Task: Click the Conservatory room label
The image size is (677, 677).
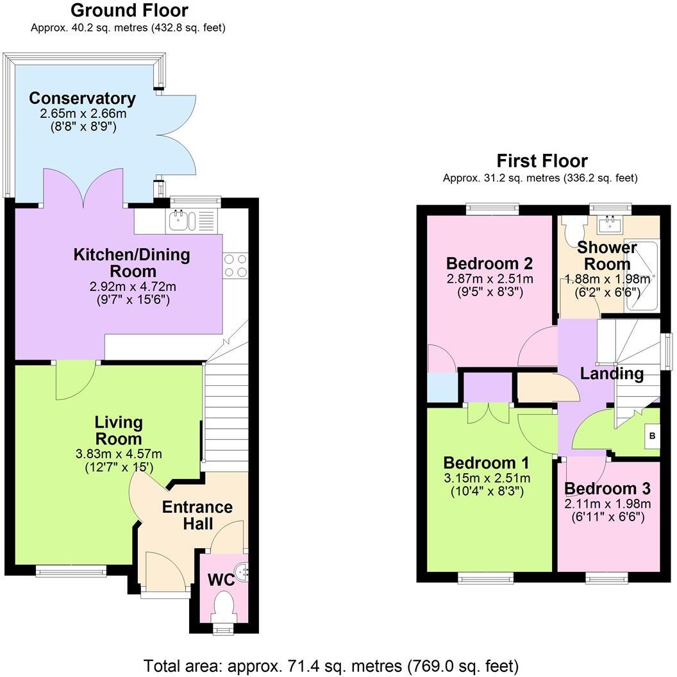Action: (x=82, y=99)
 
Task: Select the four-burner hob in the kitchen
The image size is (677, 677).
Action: (x=235, y=265)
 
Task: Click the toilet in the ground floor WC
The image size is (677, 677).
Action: (x=224, y=606)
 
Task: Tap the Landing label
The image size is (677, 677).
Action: (x=612, y=373)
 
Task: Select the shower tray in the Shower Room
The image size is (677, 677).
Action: (x=642, y=276)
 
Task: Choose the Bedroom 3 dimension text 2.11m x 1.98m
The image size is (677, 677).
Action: (x=607, y=503)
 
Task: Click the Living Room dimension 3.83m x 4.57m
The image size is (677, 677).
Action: (x=119, y=455)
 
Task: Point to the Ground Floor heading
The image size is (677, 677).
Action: (x=129, y=10)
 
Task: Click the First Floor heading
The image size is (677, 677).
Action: (x=542, y=161)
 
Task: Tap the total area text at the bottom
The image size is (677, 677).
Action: (x=331, y=665)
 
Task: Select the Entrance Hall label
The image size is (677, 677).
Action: (x=197, y=515)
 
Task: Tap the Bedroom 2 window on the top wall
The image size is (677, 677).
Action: (x=492, y=207)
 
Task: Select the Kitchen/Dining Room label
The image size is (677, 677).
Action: (x=132, y=262)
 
